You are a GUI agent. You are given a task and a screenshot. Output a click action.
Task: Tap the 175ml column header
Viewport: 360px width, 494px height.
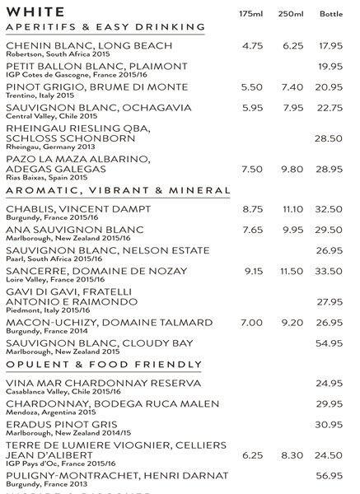[250, 13]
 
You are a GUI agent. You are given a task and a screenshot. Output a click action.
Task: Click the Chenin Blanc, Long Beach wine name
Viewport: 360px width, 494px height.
[89, 45]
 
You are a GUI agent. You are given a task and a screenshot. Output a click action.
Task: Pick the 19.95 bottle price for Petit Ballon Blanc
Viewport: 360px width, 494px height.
[330, 66]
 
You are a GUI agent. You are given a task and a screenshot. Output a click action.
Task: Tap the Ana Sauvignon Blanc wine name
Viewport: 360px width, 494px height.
[75, 230]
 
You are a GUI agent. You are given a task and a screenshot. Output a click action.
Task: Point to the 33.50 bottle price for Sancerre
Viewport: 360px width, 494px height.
[330, 271]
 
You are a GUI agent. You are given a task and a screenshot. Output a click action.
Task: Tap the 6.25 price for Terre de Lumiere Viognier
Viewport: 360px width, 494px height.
[252, 454]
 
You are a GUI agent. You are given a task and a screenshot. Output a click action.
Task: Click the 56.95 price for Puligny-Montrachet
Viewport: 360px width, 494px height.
[330, 475]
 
